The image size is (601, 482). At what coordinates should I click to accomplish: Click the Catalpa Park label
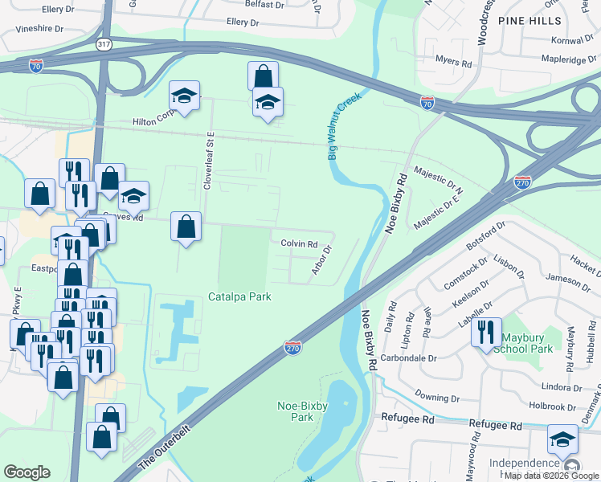(240, 296)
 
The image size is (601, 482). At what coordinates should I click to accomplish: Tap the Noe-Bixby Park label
(301, 411)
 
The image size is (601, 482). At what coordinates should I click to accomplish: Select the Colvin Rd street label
(299, 243)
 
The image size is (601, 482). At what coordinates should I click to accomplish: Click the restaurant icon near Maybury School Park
(485, 333)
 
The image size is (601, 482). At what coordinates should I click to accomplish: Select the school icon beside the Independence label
(562, 439)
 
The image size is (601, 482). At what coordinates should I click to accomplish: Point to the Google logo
(27, 472)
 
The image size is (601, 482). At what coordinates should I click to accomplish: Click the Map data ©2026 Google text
(551, 476)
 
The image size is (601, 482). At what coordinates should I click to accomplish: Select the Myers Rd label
(453, 62)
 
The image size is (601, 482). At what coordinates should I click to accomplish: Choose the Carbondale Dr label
(408, 357)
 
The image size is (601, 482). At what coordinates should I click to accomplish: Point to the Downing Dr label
(436, 397)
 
